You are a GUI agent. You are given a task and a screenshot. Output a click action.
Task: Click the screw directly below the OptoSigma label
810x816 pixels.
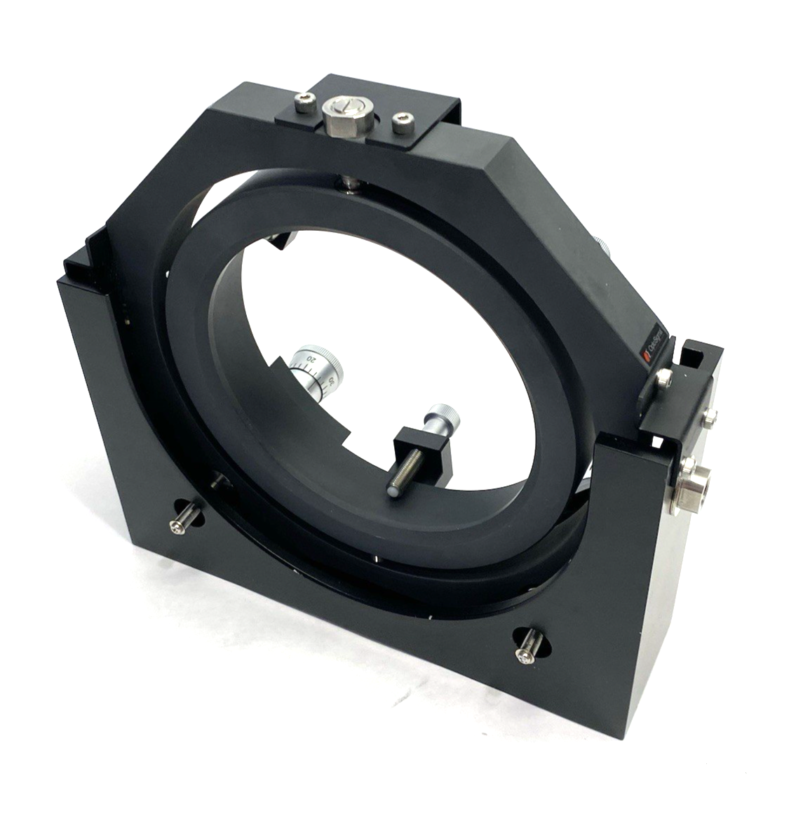[663, 380]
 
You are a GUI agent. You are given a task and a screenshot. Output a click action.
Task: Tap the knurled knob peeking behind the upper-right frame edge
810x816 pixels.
[603, 246]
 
